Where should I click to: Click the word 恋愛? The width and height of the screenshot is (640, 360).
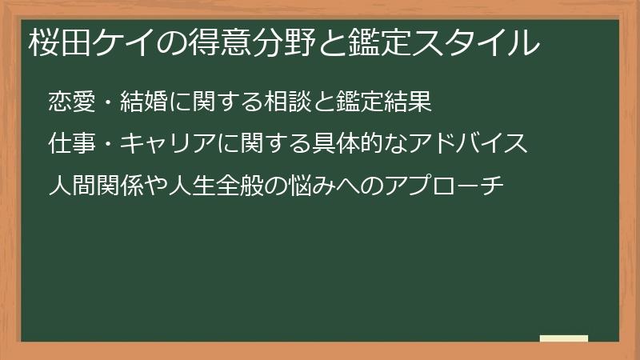(72, 102)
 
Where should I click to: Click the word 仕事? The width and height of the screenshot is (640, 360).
(72, 145)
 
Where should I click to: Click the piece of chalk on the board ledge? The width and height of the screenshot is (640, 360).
(564, 338)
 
